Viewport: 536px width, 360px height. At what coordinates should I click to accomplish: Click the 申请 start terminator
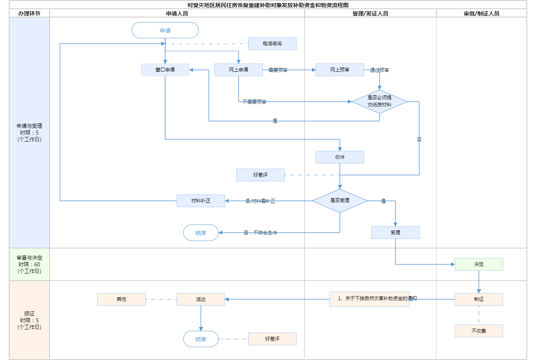tap(165, 31)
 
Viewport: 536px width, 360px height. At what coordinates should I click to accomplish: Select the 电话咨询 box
tap(272, 44)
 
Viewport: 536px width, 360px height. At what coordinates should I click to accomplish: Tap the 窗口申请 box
tap(165, 70)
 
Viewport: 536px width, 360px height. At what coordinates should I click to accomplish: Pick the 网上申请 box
tap(239, 70)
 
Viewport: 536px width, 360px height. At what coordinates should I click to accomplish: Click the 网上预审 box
tap(340, 70)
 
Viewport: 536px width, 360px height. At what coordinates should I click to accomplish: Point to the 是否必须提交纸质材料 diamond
tap(380, 102)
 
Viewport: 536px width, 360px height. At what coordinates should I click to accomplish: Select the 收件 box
tap(340, 157)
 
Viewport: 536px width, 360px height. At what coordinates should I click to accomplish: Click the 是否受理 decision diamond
tap(340, 201)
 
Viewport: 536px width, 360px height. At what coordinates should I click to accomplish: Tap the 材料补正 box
tap(201, 201)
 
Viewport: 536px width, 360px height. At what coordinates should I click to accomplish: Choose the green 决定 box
tap(479, 264)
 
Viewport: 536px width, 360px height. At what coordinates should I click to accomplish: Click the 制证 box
tap(479, 299)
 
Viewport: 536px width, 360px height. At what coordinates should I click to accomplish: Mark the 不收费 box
tap(479, 331)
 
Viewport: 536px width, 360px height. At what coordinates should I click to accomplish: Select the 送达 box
tap(201, 299)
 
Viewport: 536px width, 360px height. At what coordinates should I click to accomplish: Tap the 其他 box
tap(121, 299)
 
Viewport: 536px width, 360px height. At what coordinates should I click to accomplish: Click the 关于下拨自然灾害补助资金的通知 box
tap(370, 299)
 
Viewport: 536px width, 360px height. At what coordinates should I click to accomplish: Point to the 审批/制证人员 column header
tap(482, 13)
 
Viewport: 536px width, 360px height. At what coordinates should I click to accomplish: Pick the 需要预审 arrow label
tap(278, 70)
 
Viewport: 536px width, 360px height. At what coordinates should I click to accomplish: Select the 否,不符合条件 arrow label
tap(260, 233)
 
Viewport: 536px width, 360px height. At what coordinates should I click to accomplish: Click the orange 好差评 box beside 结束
tap(272, 339)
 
